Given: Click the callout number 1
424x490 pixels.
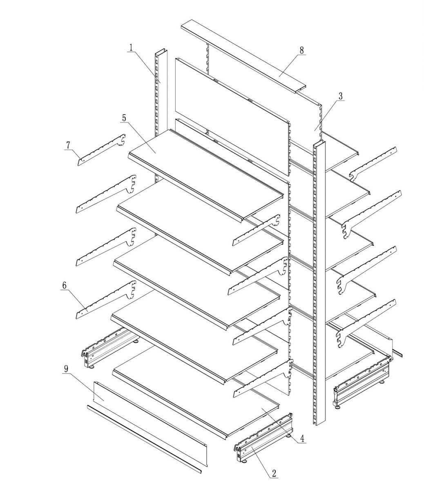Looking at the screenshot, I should point(131,47).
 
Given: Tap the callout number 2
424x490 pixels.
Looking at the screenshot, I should point(274,474).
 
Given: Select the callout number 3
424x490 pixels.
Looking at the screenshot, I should point(340,96).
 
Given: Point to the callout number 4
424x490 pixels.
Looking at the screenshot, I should point(302,439).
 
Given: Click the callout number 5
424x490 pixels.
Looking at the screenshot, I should point(124,118).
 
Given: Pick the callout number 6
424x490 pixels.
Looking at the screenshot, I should point(64,285).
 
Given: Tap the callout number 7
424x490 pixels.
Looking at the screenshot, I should point(68,145).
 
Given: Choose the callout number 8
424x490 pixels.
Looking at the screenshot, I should point(301,50).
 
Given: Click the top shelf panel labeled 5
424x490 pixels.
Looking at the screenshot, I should point(204,171).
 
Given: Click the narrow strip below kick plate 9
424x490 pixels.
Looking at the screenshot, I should point(143,439).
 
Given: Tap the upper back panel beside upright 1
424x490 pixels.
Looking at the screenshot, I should point(233,106).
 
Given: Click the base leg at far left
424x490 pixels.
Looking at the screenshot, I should point(108,347).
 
